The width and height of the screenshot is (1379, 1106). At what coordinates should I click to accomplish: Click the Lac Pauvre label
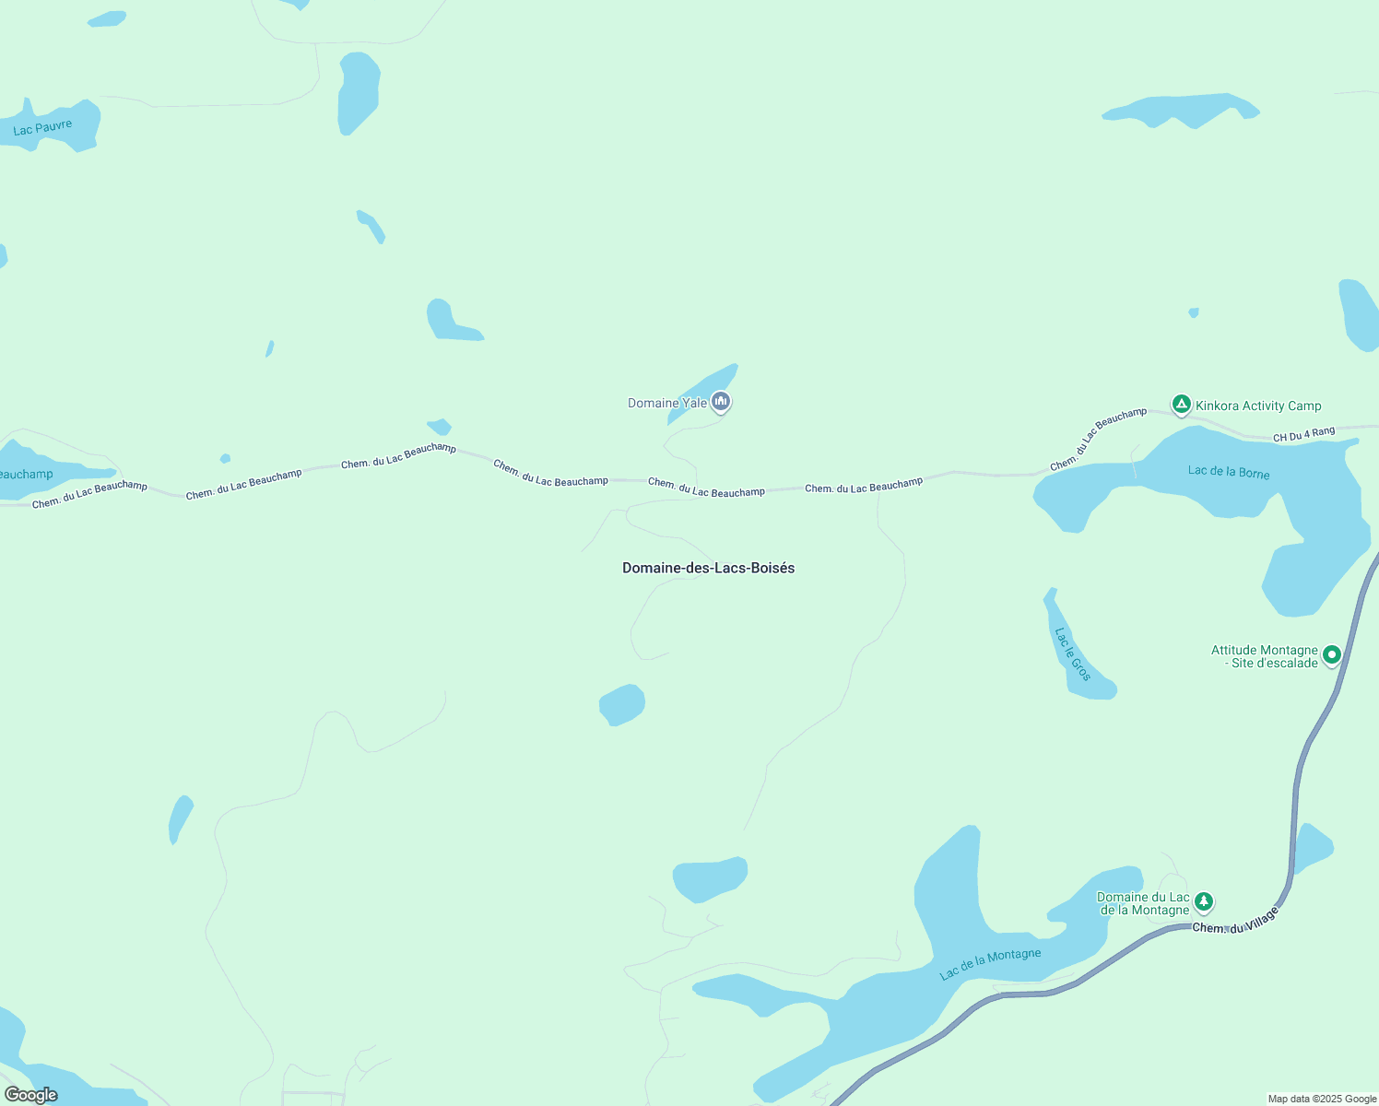point(42,127)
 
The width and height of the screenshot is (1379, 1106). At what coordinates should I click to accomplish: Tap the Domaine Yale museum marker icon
point(721,401)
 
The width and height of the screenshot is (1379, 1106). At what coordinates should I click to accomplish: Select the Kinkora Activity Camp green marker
point(1181,405)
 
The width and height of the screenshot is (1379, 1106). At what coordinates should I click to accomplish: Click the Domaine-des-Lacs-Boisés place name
point(708,568)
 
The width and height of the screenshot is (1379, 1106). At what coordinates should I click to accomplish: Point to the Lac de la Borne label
point(1229,472)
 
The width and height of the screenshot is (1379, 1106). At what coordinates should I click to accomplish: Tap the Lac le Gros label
point(1072,654)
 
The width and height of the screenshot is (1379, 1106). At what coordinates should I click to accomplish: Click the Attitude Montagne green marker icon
point(1331,655)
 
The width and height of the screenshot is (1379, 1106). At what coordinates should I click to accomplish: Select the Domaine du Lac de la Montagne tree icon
point(1203,901)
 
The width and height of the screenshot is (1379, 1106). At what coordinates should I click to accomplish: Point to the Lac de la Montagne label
point(990,963)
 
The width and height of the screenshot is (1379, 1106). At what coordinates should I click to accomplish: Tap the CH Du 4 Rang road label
point(1303,434)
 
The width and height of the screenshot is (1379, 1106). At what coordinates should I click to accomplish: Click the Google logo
point(31,1095)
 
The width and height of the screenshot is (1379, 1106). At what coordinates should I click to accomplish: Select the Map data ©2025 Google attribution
point(1322,1099)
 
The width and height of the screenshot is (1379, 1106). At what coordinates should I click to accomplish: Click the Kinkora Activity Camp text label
point(1258,406)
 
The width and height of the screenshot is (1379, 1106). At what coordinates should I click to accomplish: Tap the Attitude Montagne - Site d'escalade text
point(1265,656)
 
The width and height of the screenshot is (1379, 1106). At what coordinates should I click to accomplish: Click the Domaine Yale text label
point(667,403)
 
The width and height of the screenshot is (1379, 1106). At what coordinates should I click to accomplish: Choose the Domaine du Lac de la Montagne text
point(1143,903)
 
